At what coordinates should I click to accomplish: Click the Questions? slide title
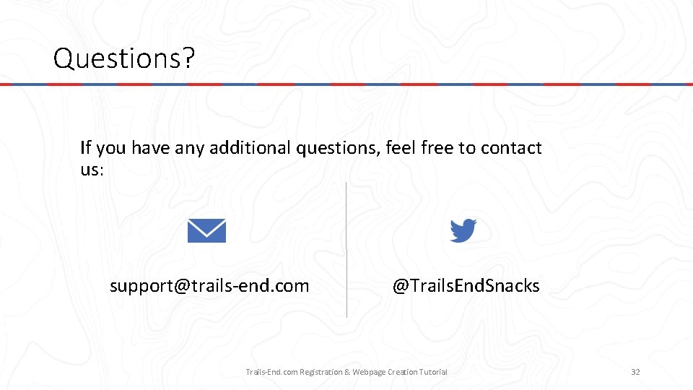[123, 58]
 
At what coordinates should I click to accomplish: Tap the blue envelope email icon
[206, 231]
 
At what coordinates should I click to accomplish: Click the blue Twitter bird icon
[463, 231]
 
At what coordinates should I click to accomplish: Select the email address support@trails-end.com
[209, 286]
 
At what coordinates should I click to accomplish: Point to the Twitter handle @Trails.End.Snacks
[466, 286]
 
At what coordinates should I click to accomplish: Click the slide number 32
[635, 372]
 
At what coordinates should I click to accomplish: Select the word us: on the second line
[92, 170]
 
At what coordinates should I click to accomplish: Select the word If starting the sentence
[86, 148]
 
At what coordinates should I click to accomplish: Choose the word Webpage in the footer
[369, 372]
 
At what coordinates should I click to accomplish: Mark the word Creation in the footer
[401, 372]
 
